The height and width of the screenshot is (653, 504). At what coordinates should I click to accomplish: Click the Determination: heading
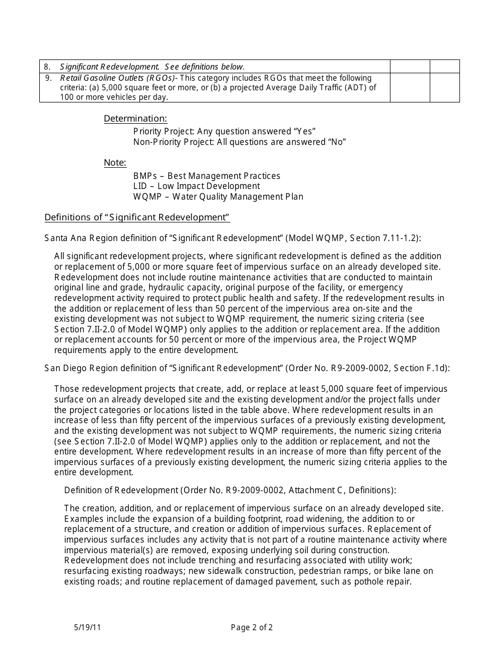tap(135, 118)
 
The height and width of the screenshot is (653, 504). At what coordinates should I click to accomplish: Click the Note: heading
tap(115, 162)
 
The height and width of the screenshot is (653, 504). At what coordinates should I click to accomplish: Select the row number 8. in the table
tap(47, 67)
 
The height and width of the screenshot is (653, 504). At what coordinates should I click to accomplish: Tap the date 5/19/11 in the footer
tap(88, 627)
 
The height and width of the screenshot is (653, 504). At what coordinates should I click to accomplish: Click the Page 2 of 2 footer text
tap(251, 627)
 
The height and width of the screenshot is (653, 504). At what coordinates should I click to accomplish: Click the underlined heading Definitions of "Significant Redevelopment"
tap(137, 217)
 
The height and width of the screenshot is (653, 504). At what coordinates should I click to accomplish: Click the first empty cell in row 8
tap(410, 67)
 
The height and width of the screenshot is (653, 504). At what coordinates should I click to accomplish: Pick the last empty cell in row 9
tap(445, 88)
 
